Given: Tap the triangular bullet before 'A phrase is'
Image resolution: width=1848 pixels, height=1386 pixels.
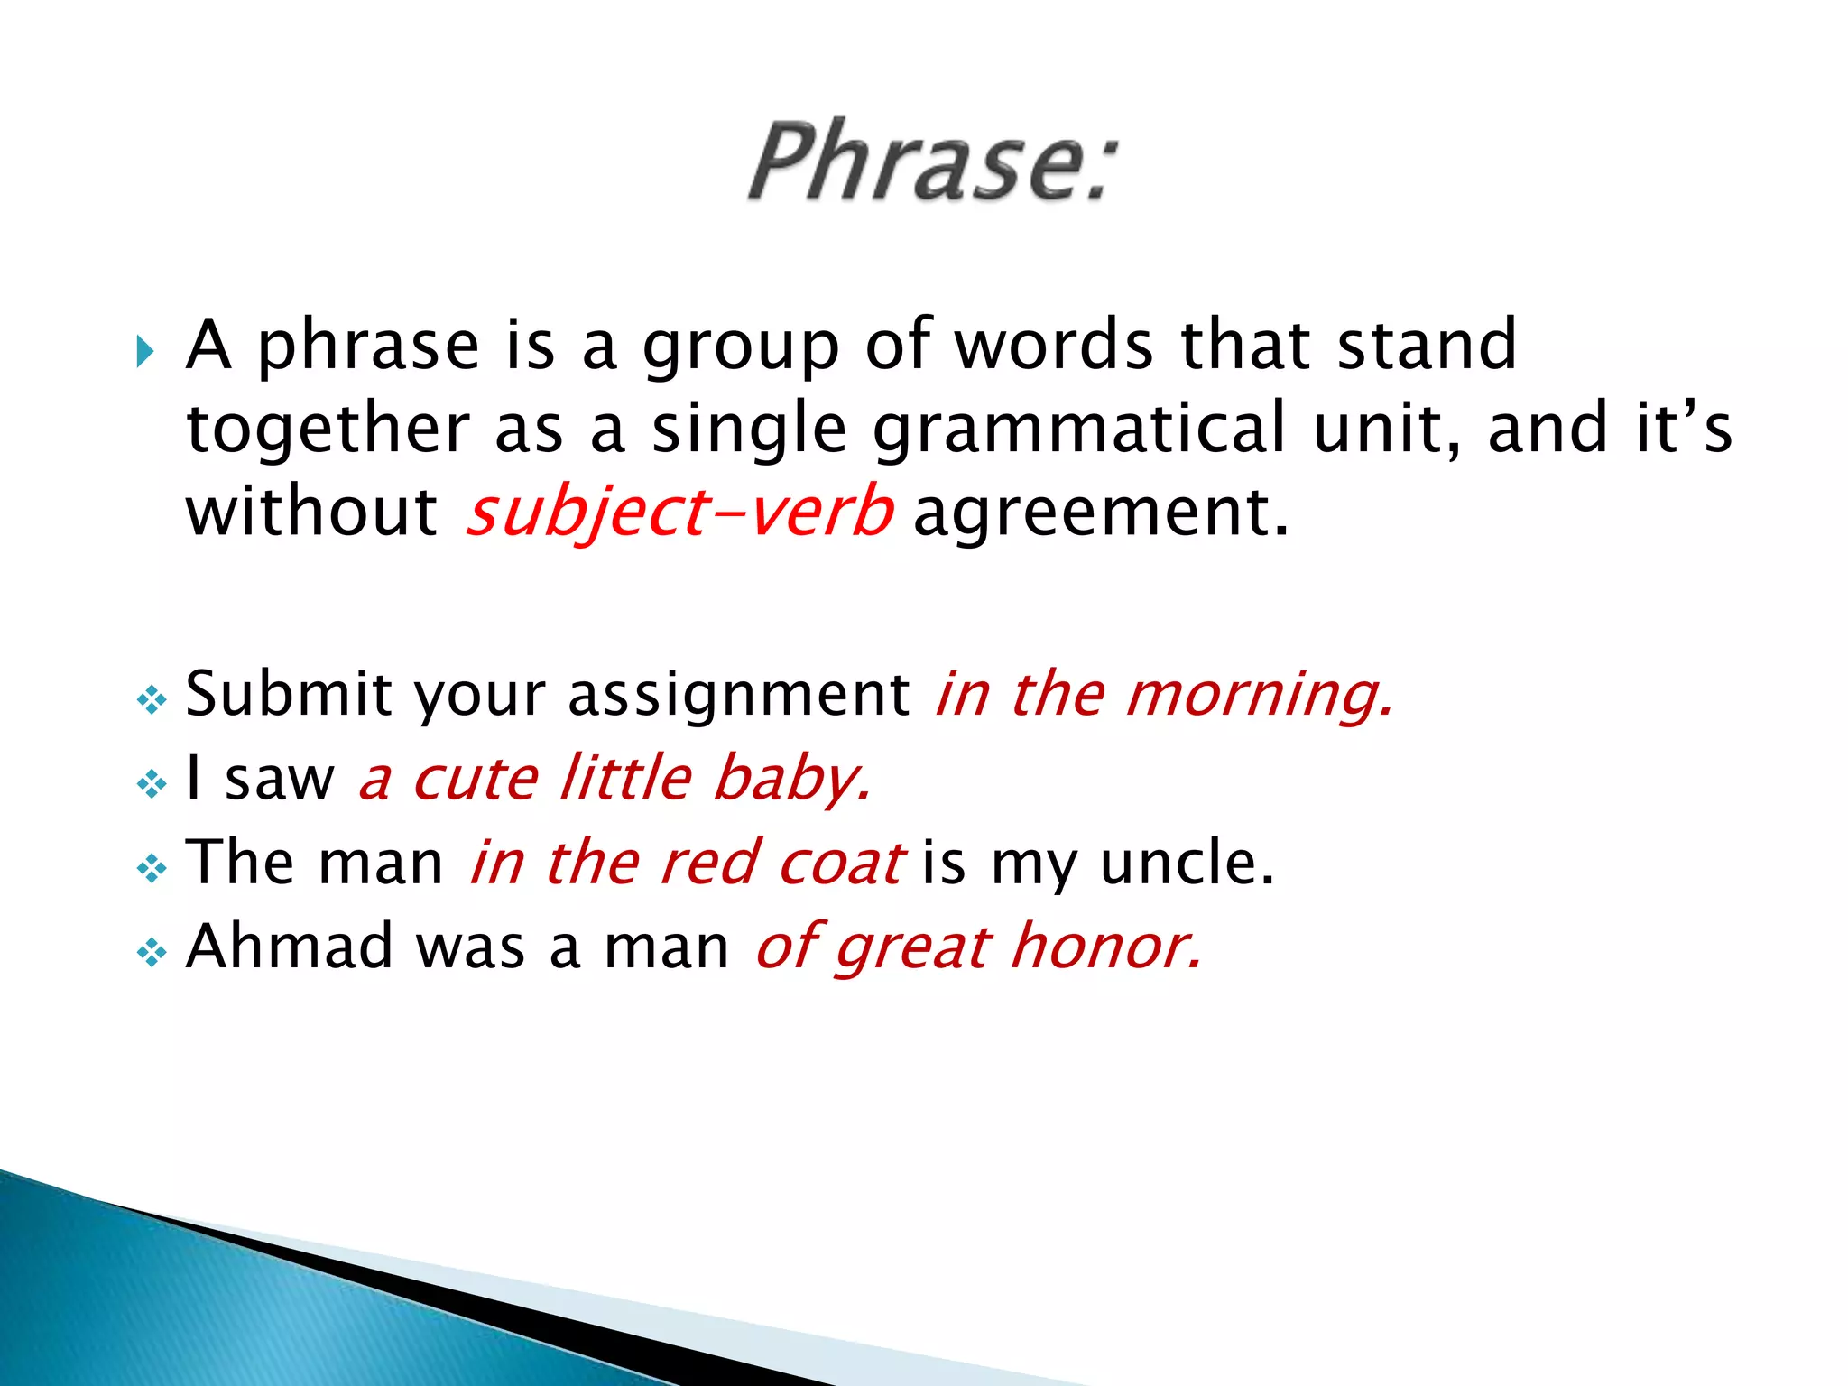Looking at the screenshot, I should tap(145, 350).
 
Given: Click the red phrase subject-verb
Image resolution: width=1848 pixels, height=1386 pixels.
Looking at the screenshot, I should tap(679, 513).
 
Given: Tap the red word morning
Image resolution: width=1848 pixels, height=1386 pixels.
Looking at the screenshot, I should tap(1260, 695).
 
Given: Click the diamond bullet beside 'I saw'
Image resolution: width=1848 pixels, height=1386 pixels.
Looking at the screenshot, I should tap(152, 782).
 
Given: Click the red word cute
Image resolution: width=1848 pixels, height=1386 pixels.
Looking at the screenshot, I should tap(476, 778).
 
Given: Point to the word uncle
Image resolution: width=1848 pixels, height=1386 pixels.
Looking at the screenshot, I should tap(1186, 862).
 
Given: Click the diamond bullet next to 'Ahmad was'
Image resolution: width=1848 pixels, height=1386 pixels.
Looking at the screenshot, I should tap(152, 951).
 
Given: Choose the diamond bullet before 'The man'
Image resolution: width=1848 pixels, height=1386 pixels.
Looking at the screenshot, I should tap(152, 868).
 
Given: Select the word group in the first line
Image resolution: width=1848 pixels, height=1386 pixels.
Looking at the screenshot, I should tap(741, 347).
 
